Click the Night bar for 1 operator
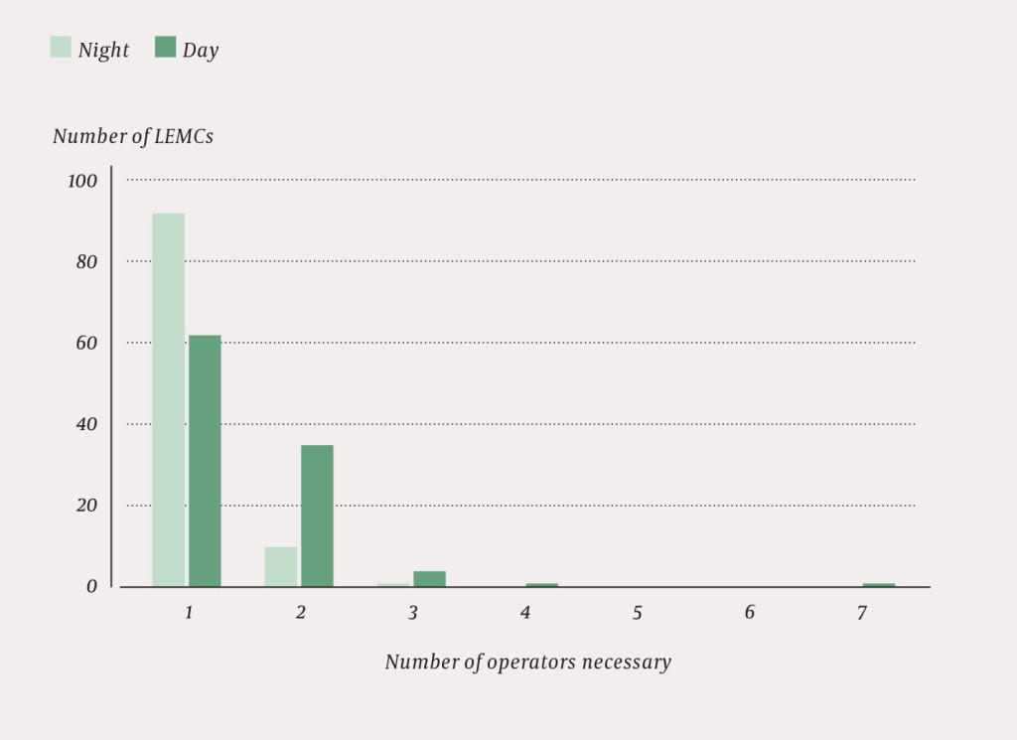point(168,399)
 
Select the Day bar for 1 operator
point(205,461)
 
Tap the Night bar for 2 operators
point(280,566)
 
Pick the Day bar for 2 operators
point(317,516)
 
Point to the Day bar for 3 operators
point(429,578)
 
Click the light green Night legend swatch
point(61,47)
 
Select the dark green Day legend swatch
point(165,47)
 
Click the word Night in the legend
point(103,50)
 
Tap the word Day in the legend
point(200,50)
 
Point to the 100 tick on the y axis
point(82,181)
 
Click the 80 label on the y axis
point(87,262)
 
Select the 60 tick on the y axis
point(87,344)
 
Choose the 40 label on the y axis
point(87,424)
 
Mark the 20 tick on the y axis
point(87,506)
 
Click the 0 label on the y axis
point(91,586)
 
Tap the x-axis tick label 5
point(637,613)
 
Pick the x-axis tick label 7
point(861,613)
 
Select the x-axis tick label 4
point(524,613)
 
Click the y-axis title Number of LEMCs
point(132,136)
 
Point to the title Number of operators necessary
point(527,663)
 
